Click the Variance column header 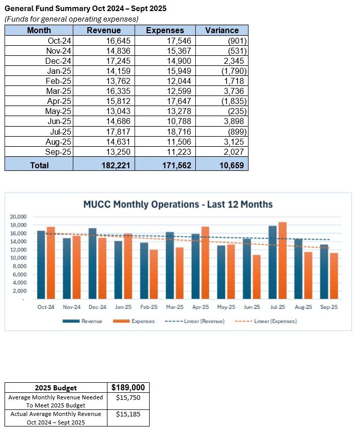point(222,30)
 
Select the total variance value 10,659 point(230,164)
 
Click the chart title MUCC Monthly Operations point(178,204)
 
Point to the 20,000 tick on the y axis point(18,217)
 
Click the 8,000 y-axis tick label point(19,266)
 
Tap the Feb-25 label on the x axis point(149,307)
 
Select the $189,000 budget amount point(128,388)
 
